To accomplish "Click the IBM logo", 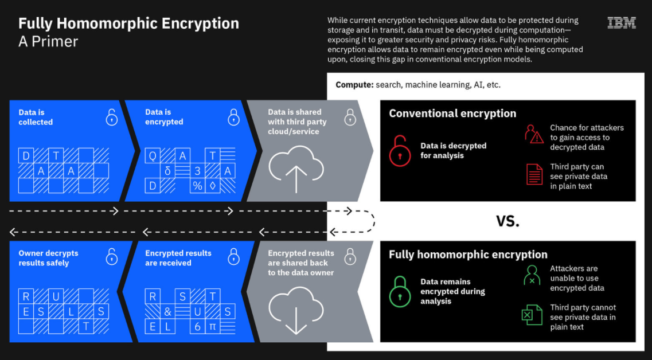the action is coord(622,22).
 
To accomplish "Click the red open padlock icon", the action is coord(400,151).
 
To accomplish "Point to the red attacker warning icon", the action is coord(534,134).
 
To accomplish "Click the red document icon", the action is coord(534,174).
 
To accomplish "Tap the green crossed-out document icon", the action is coord(532,315).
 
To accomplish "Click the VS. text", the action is coord(507,221).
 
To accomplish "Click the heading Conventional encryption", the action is coord(452,114).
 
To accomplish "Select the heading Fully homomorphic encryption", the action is coord(468,255).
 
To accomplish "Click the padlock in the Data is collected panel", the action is coord(111,117).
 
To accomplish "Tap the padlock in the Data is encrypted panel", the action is coord(234,117).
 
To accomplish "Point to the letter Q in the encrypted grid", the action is coord(152,156).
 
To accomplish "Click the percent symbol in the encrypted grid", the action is coord(197,186).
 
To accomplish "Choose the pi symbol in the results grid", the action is coord(213,327).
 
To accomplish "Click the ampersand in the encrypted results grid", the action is coord(167,312).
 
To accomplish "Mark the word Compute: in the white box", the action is coord(355,85).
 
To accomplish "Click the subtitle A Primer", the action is coord(48,42).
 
